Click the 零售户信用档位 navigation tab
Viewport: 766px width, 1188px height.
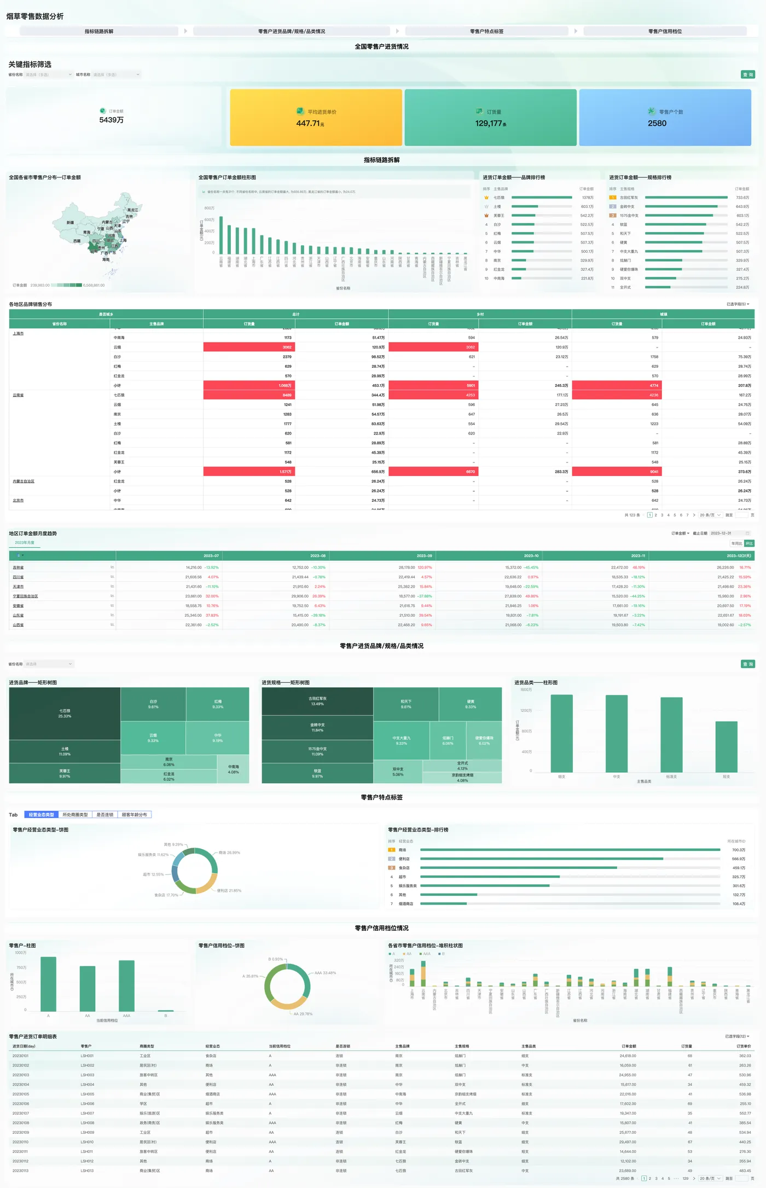coord(665,31)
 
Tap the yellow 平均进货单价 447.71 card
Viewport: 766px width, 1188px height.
coord(316,118)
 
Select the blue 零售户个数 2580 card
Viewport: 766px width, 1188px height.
coord(665,118)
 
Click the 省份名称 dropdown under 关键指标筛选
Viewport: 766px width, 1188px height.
coord(49,74)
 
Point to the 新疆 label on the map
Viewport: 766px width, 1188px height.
coord(70,223)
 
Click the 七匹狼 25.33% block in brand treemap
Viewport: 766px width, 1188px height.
coord(65,714)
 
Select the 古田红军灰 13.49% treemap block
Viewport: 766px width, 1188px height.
coord(317,701)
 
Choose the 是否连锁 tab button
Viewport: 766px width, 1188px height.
coord(105,815)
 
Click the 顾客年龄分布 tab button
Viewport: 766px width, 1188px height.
coord(134,815)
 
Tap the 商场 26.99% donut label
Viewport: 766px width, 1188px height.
coord(229,853)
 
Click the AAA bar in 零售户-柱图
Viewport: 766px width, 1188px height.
coord(126,986)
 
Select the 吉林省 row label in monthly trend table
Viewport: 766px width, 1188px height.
coord(18,567)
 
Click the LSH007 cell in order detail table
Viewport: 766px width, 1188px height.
coord(88,1114)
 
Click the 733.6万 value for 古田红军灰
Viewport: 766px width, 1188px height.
coord(742,198)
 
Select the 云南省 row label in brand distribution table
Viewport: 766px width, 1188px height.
coord(18,395)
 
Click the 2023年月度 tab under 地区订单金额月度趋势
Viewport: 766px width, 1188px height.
coord(25,543)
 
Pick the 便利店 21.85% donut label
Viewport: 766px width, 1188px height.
coord(229,890)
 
